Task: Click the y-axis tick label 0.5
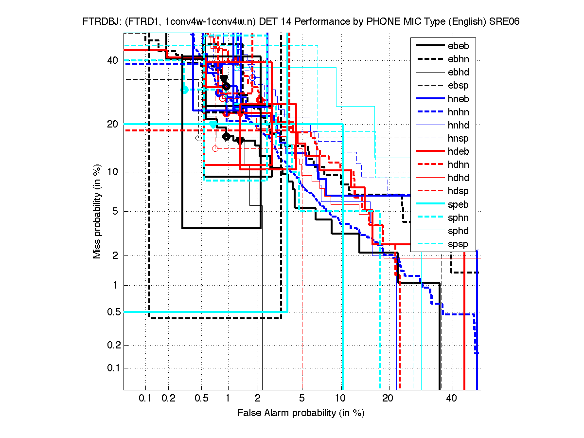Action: tap(113, 311)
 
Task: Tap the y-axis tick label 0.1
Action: tap(113, 368)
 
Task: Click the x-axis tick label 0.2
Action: tap(169, 399)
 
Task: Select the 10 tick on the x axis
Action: tap(342, 399)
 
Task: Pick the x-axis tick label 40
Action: tap(452, 399)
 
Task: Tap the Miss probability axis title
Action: tap(98, 211)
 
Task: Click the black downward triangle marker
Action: tap(224, 79)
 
